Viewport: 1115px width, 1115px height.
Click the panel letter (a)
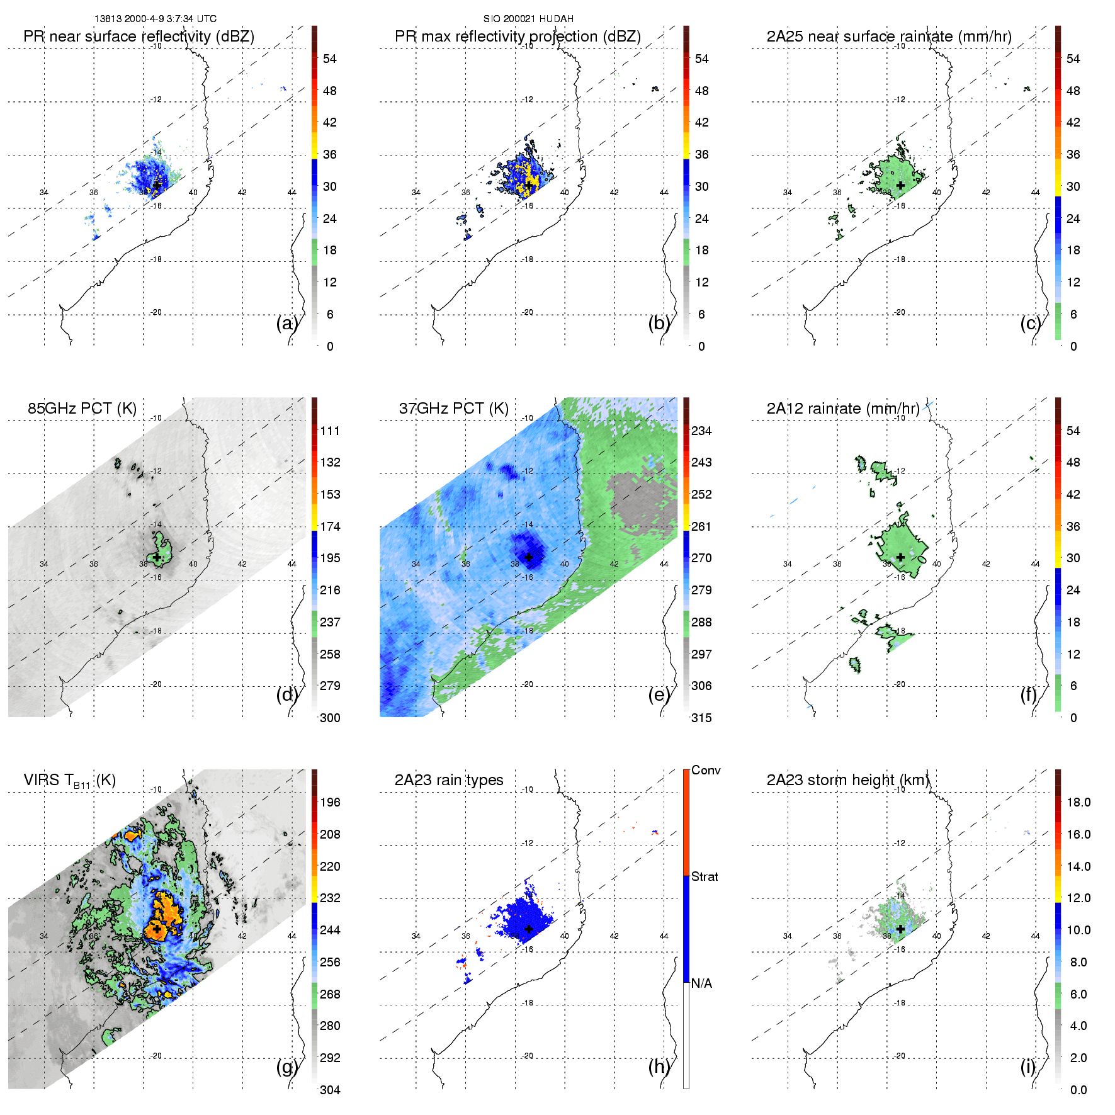(286, 324)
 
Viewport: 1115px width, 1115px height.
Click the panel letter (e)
(658, 695)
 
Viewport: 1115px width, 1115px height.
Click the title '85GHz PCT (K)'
(82, 409)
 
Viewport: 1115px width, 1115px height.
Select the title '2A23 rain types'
(449, 780)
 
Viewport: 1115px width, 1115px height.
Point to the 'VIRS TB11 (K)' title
(69, 781)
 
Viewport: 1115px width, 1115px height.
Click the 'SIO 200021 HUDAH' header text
(528, 19)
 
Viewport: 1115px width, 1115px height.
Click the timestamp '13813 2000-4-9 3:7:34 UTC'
(156, 19)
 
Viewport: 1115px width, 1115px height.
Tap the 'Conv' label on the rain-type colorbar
(706, 770)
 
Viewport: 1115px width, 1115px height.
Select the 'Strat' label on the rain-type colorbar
(705, 876)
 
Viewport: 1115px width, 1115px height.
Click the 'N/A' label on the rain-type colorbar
(701, 983)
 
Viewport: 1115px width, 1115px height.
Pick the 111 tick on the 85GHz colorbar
(330, 431)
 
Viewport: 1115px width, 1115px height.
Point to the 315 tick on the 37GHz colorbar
(701, 718)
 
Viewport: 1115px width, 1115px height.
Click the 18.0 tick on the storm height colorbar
(1078, 802)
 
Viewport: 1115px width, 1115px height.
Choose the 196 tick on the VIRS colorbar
(330, 802)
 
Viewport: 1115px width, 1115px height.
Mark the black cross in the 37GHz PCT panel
(529, 557)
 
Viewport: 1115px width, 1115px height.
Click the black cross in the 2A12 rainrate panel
(901, 557)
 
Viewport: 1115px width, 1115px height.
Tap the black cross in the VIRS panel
(157, 929)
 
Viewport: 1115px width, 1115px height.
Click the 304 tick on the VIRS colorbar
(330, 1090)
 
